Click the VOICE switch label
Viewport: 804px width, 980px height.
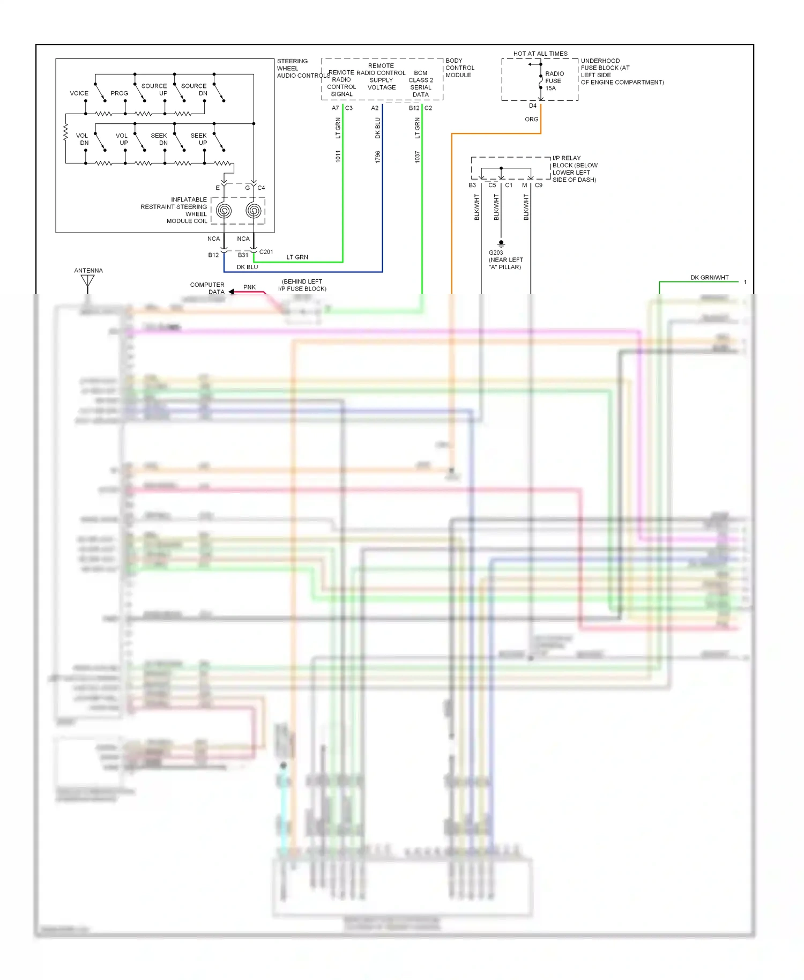(x=79, y=93)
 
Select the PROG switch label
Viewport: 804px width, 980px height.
(x=119, y=93)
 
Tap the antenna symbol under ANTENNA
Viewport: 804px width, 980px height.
(x=87, y=281)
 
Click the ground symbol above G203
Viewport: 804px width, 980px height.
(x=501, y=243)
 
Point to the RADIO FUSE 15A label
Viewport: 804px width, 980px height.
(x=554, y=81)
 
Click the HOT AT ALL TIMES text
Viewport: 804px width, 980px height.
(x=540, y=54)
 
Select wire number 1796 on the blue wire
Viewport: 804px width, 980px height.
(x=377, y=157)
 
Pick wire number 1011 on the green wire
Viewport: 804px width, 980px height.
(x=338, y=157)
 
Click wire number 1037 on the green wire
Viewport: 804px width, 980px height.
(x=417, y=157)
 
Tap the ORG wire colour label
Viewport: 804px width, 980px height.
(x=531, y=119)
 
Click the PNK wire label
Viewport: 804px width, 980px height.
(x=249, y=287)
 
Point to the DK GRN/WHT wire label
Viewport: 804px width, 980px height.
(x=709, y=278)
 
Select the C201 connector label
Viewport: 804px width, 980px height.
(x=266, y=252)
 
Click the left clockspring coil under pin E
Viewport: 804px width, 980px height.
(x=224, y=211)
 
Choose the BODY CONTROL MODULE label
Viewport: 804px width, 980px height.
(x=459, y=68)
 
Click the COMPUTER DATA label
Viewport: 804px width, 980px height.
(x=208, y=288)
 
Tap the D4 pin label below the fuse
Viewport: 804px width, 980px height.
(x=532, y=106)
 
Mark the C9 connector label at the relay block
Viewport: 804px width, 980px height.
(x=538, y=185)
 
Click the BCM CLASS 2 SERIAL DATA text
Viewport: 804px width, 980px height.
(x=421, y=84)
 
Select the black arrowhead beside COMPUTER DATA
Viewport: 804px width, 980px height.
(x=232, y=292)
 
